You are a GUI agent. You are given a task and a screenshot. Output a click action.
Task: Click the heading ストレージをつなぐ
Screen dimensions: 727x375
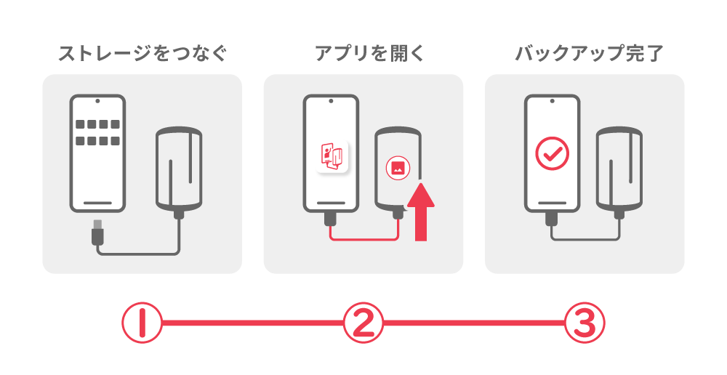142,53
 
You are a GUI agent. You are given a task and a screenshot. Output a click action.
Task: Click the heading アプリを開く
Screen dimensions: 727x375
369,53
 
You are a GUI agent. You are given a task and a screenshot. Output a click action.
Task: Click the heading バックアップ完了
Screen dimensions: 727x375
590,53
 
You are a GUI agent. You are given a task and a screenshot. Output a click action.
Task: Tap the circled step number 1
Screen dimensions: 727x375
142,323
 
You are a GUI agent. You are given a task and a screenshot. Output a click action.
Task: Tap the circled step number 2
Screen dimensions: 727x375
363,323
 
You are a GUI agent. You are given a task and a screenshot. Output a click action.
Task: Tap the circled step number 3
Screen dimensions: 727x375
585,323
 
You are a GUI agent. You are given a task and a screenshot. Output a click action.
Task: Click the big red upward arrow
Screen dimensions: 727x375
420,211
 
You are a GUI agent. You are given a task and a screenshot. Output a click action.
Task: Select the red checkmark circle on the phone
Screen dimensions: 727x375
552,153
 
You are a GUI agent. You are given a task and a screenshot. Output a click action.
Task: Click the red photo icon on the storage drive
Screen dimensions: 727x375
398,168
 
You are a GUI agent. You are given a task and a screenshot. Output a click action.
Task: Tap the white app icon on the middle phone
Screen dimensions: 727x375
332,157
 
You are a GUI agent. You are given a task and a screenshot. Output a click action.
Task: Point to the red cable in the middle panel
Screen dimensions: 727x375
364,239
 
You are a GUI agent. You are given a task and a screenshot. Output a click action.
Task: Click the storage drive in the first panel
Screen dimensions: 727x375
179,169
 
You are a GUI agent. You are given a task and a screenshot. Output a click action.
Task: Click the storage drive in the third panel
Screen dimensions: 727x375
619,169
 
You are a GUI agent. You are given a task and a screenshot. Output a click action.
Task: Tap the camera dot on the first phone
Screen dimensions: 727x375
97,101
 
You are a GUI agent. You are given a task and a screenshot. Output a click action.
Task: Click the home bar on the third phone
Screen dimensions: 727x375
552,203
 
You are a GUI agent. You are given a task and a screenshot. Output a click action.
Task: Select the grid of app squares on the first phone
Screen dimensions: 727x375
97,132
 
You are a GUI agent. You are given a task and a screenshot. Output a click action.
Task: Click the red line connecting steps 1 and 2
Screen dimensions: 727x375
253,323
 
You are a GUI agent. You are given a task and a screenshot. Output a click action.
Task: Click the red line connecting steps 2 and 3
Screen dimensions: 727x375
474,323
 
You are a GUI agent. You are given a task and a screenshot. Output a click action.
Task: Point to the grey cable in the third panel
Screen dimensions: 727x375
585,239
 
